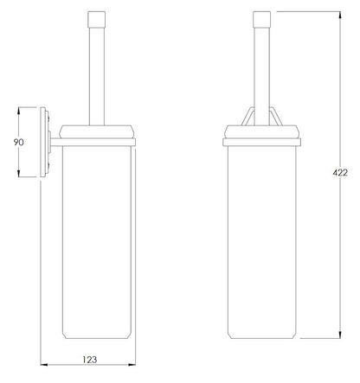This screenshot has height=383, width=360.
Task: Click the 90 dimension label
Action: (19, 142)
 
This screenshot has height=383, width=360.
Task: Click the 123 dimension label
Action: (90, 360)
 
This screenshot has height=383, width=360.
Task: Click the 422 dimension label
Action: (340, 173)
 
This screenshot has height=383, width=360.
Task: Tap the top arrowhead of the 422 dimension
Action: (340, 16)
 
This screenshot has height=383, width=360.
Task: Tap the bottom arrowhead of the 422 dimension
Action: (340, 335)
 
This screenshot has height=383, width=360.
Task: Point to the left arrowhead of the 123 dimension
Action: (44, 365)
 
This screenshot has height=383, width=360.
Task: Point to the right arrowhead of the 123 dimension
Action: (132, 365)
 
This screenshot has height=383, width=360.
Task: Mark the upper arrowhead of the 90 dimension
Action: (19, 112)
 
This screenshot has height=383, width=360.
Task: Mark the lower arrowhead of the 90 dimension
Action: (19, 173)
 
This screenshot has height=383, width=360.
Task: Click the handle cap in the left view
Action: (97, 19)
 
